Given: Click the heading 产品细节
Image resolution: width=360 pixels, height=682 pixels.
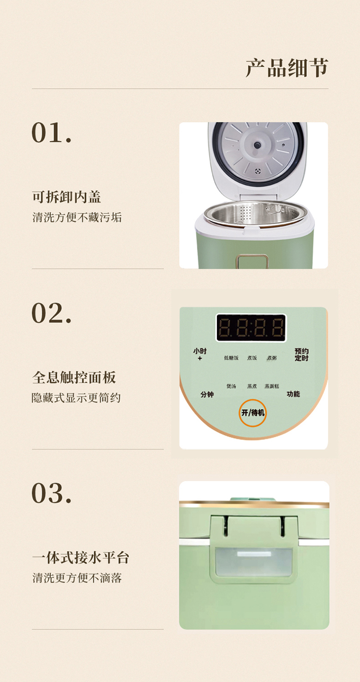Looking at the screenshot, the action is [287, 68].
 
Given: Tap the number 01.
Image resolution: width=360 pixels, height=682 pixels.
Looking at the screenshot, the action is [51, 133].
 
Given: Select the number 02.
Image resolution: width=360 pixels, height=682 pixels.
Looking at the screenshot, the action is [51, 313].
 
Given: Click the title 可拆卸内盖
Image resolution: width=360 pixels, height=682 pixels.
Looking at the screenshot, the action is [66, 197].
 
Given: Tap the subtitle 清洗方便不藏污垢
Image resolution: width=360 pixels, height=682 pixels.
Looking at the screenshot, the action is [77, 218].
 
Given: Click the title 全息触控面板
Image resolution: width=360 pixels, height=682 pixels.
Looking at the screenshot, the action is [74, 378].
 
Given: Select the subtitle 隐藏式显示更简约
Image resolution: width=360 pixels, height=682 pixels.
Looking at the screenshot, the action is [76, 398].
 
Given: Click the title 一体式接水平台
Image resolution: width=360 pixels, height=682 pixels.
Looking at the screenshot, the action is [81, 558].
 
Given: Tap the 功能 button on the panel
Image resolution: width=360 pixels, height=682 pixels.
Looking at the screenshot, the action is [293, 394].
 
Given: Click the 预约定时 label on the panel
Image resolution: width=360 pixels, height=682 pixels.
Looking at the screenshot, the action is [301, 354].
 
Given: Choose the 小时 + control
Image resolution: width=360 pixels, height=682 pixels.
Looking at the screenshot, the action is [200, 354].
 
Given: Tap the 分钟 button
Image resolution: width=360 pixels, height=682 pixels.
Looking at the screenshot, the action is [207, 395].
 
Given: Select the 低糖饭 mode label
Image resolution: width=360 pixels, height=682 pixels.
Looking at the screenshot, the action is [231, 358].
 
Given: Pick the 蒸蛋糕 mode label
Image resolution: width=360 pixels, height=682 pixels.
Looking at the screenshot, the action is [272, 386].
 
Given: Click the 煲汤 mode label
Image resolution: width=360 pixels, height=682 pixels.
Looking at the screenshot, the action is [231, 386].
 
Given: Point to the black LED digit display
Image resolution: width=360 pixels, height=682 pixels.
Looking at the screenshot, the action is [251, 328].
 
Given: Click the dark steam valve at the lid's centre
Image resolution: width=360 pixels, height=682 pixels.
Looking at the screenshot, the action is [257, 145].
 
